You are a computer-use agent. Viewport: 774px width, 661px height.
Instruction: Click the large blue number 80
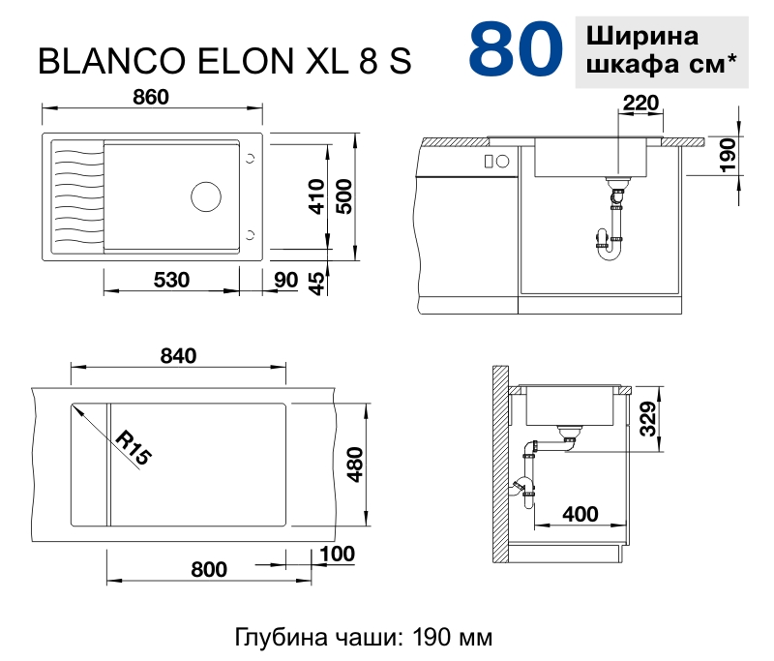(x=516, y=50)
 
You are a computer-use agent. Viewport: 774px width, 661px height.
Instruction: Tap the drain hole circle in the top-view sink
(x=206, y=195)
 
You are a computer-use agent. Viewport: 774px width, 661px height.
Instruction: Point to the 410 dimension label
(x=313, y=197)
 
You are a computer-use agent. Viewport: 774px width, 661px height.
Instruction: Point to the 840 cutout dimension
(x=178, y=355)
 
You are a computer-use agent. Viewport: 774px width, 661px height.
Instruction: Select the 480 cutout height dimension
(x=354, y=465)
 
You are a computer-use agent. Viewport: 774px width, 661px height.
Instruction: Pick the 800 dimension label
(x=209, y=569)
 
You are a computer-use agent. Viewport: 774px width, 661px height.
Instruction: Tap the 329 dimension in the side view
(x=649, y=417)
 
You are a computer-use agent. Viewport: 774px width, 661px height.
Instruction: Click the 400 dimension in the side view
(x=580, y=513)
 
